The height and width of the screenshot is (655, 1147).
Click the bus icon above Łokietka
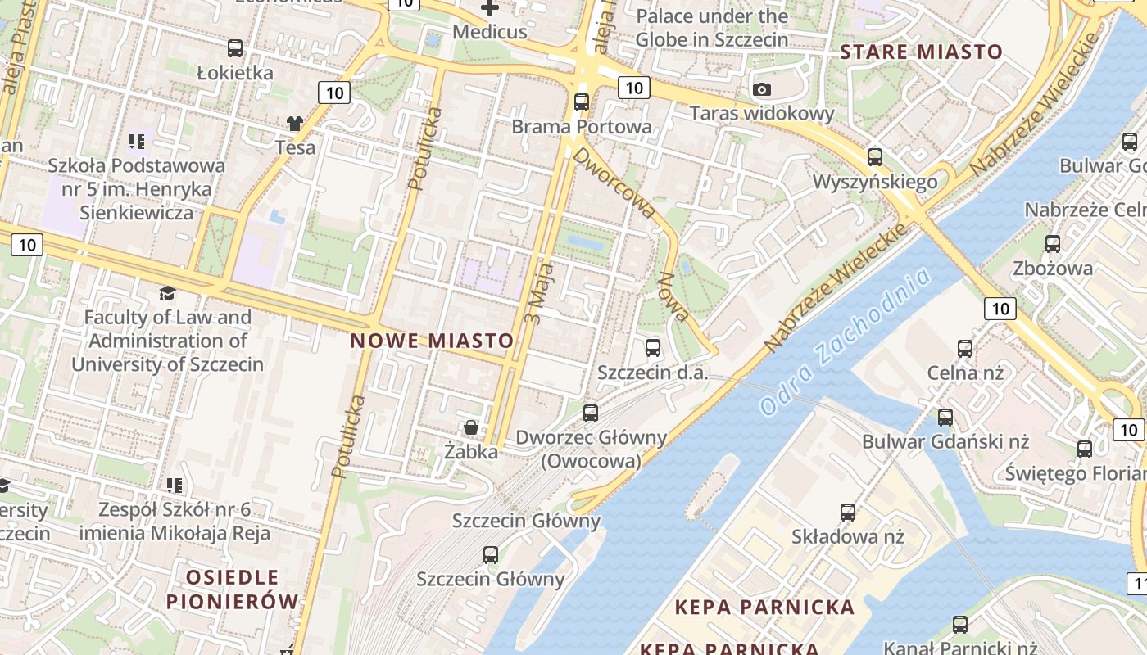coord(235,48)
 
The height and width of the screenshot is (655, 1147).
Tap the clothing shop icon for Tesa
coord(295,124)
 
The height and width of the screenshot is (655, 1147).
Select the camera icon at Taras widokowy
coord(762,89)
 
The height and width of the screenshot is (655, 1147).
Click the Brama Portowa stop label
coord(582,127)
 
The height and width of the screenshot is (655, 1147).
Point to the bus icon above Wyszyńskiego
coord(875,156)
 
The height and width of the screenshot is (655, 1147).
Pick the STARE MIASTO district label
coord(922,52)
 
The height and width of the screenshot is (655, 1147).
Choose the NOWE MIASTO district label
coord(433,341)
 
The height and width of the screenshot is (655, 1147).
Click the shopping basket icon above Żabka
coord(471,427)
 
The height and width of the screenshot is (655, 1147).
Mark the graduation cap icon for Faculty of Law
coord(167,293)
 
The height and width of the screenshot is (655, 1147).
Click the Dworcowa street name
coord(614,182)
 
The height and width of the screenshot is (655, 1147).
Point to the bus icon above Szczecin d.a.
coord(653,348)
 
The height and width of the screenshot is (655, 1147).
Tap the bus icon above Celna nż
coord(965,349)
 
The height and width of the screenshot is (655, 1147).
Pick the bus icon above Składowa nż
coord(848,513)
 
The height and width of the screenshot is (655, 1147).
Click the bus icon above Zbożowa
coord(1053,244)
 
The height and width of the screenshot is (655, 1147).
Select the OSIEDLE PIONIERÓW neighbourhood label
coord(233,589)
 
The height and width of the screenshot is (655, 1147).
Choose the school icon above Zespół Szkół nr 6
coord(174,486)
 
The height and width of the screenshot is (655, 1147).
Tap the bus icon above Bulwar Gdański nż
coord(945,418)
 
